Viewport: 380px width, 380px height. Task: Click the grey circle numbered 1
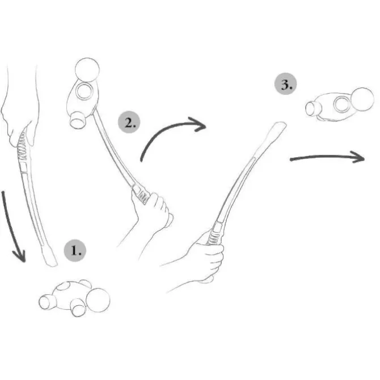75,250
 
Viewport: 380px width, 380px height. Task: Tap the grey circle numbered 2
129,122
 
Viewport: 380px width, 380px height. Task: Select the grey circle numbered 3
285,83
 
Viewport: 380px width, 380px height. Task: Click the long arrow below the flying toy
327,157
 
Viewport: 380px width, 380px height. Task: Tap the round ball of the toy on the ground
98,300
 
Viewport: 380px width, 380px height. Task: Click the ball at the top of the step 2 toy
87,70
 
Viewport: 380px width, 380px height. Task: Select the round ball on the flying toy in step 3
362,99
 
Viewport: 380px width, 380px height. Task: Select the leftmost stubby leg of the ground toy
46,302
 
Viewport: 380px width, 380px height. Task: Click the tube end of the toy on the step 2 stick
78,120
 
